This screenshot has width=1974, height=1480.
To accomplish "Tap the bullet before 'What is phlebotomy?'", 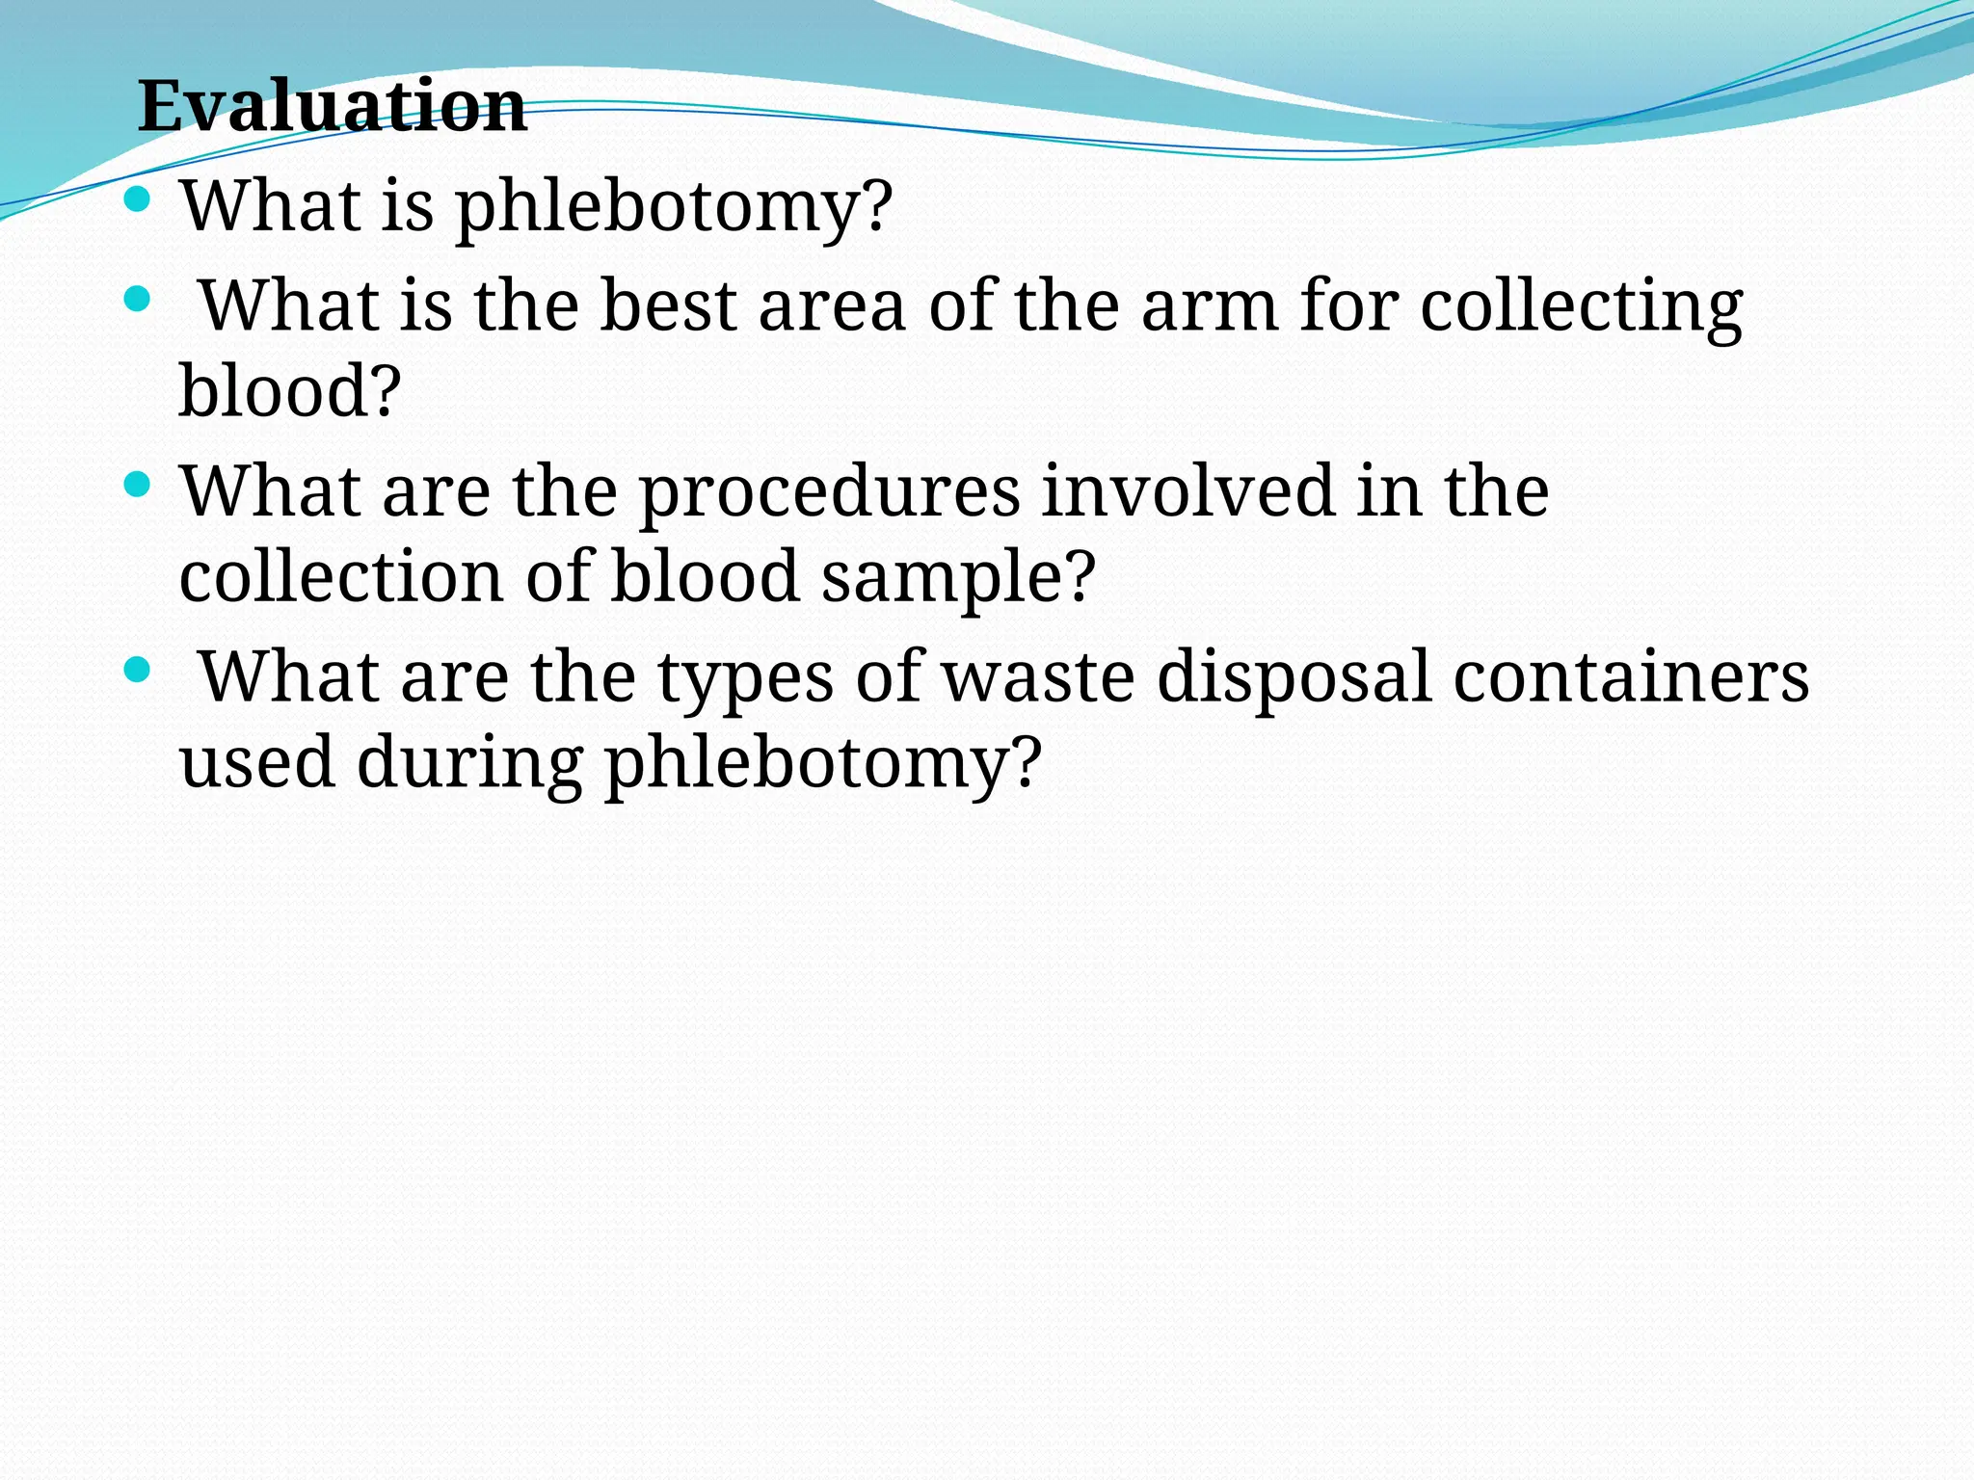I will (138, 199).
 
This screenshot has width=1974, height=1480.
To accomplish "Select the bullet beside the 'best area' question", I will (138, 300).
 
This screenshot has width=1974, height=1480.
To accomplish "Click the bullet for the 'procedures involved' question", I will (138, 485).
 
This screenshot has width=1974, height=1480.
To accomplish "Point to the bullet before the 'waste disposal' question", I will (138, 670).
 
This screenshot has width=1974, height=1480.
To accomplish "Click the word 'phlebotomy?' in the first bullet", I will (674, 207).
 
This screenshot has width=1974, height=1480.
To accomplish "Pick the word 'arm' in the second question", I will (1209, 305).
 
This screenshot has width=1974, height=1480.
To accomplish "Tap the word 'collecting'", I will (1582, 307).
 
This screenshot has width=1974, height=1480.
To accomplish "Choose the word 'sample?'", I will (958, 578).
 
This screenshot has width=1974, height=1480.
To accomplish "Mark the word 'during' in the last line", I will (470, 762).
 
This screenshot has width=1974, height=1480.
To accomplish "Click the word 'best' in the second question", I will (668, 305).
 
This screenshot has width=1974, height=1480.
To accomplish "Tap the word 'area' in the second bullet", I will (832, 307).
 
